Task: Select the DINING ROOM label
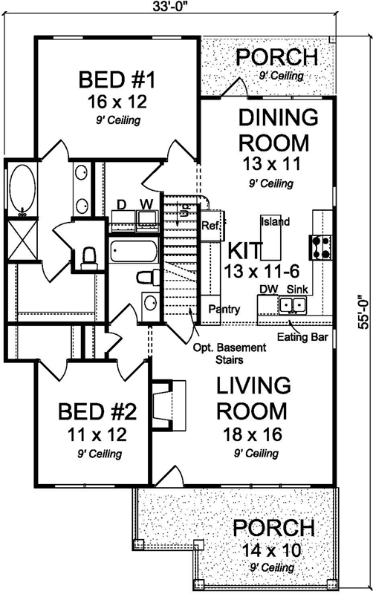click(x=277, y=130)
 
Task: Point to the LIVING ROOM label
click(x=251, y=398)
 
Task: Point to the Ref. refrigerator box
click(x=210, y=226)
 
